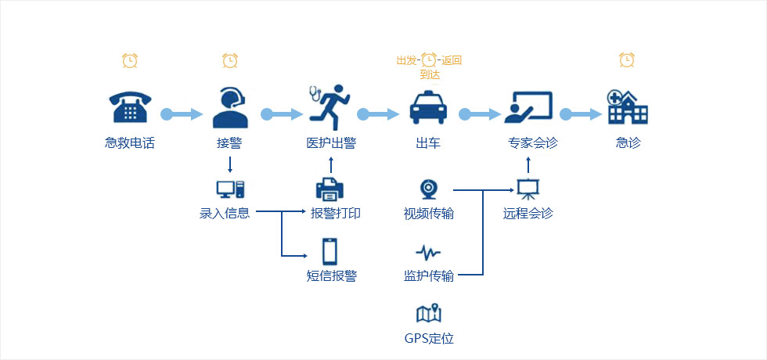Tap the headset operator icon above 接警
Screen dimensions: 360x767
click(229, 107)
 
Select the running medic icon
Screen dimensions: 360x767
click(329, 107)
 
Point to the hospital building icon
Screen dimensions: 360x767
click(628, 107)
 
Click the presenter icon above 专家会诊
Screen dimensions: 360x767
click(528, 107)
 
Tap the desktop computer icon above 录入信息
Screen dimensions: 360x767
click(229, 189)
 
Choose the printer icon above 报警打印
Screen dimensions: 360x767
click(329, 189)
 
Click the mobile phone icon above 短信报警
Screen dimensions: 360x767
click(329, 250)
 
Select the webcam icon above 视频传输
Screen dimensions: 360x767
click(428, 189)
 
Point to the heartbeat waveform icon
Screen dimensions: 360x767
click(428, 252)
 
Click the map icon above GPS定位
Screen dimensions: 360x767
click(428, 314)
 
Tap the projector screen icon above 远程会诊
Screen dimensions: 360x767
click(528, 189)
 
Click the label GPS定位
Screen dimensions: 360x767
click(429, 339)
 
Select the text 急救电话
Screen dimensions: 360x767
click(130, 143)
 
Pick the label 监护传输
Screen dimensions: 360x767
click(428, 275)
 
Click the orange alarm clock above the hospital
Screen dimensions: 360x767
click(627, 59)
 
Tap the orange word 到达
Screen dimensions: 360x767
click(430, 75)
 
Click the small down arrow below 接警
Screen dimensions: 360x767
click(229, 164)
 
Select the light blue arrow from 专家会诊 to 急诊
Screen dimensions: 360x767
click(581, 114)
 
